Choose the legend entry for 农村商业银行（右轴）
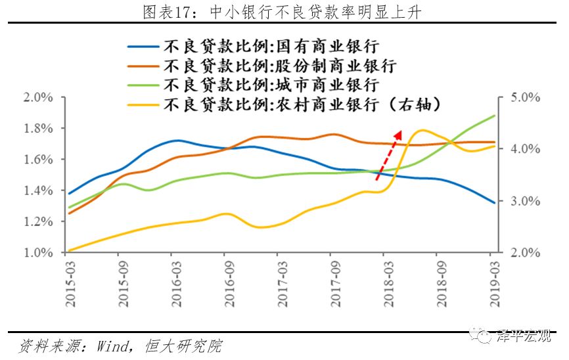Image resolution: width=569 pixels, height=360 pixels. (x=302, y=104)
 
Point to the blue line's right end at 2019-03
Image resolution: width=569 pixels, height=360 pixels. (x=494, y=203)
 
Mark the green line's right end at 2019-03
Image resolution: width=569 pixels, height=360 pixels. (x=494, y=116)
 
